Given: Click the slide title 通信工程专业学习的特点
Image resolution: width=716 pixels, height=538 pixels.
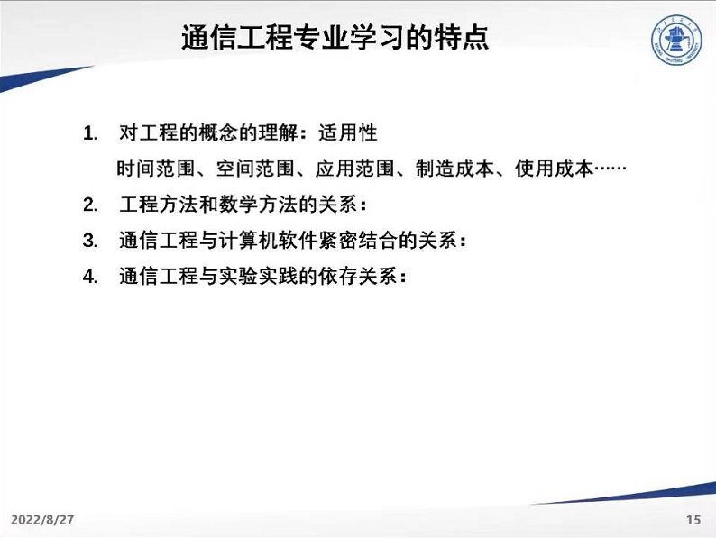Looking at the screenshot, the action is click(x=335, y=37).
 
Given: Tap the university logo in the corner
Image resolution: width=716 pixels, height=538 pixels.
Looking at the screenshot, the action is click(x=676, y=40).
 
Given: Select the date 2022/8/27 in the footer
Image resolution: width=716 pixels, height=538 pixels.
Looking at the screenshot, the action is click(x=42, y=520).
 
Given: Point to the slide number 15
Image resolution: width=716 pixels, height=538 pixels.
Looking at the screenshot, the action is click(x=693, y=519).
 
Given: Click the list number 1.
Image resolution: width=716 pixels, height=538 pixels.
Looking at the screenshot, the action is click(x=90, y=133).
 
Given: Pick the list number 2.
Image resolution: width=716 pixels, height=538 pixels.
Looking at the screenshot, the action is click(x=90, y=205).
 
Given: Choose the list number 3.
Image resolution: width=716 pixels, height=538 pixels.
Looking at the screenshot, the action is click(x=90, y=241).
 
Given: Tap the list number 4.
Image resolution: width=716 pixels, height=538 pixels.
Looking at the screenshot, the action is click(x=90, y=276).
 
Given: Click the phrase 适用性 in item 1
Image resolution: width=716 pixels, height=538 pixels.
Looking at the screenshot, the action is click(x=348, y=133).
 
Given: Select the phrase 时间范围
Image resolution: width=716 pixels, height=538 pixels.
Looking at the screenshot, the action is click(x=156, y=169).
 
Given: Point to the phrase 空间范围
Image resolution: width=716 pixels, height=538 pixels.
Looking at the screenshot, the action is click(x=255, y=169).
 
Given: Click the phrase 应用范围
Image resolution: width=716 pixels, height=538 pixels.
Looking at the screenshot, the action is click(x=354, y=169).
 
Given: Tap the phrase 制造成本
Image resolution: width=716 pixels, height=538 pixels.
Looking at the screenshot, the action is click(x=454, y=169).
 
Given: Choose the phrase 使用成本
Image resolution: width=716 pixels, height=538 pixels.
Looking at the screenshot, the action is click(x=554, y=169).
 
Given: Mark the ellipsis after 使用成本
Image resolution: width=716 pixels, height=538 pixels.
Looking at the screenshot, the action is click(x=610, y=169).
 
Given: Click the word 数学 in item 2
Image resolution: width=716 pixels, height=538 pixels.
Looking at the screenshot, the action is click(x=238, y=204).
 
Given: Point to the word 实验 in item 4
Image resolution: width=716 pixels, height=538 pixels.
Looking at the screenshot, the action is click(x=238, y=276).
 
